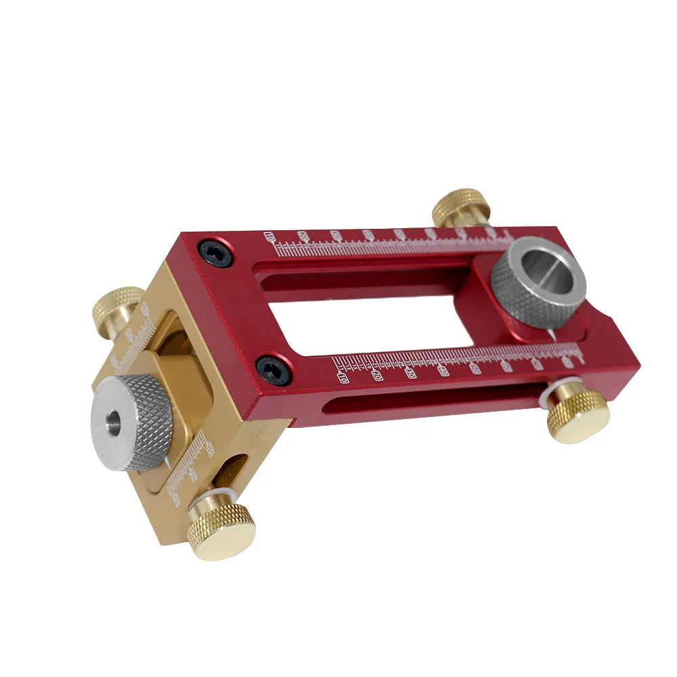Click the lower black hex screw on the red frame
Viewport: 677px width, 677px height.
(273, 368)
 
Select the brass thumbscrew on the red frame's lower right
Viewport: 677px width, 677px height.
(577, 414)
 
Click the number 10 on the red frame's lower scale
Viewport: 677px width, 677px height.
(343, 376)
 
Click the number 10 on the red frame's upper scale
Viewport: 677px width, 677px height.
(271, 237)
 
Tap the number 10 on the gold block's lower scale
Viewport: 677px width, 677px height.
(209, 450)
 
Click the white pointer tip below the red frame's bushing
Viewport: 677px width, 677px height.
(553, 336)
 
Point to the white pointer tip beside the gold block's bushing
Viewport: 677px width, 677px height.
(167, 460)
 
